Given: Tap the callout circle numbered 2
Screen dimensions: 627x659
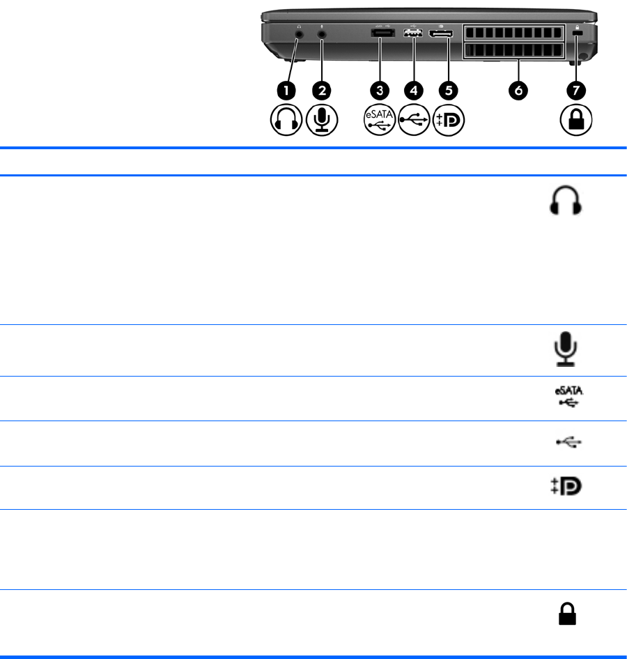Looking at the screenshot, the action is point(322,91).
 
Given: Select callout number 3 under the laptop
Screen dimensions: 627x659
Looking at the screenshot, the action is point(380,91).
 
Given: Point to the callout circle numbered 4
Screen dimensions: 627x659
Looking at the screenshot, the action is point(413,91).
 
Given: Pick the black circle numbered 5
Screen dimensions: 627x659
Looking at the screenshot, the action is point(448,91).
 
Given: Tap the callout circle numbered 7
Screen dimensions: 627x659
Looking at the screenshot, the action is point(576,91).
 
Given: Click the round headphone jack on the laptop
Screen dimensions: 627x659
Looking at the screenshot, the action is point(300,32).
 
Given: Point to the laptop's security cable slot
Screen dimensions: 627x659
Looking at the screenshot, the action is point(576,33).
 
